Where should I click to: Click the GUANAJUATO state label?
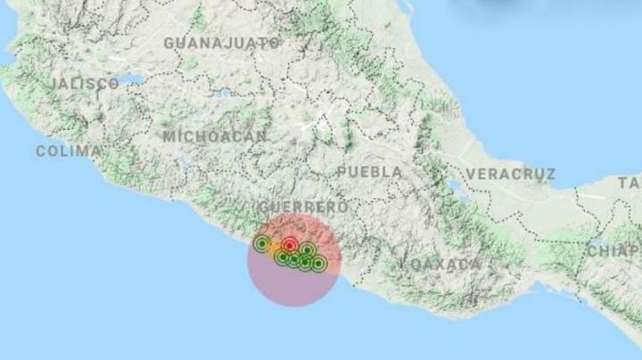[222, 42]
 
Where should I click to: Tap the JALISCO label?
[86, 83]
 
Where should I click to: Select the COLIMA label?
[68, 151]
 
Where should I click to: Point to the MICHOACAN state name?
[215, 136]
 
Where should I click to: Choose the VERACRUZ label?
[510, 174]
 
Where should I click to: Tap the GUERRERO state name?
[300, 207]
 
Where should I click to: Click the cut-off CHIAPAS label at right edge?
[615, 250]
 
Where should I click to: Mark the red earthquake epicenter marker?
[290, 244]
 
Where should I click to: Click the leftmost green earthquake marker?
[261, 242]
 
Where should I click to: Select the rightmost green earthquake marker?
[318, 263]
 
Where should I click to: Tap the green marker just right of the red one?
[306, 250]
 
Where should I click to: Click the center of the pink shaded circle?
[292, 260]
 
